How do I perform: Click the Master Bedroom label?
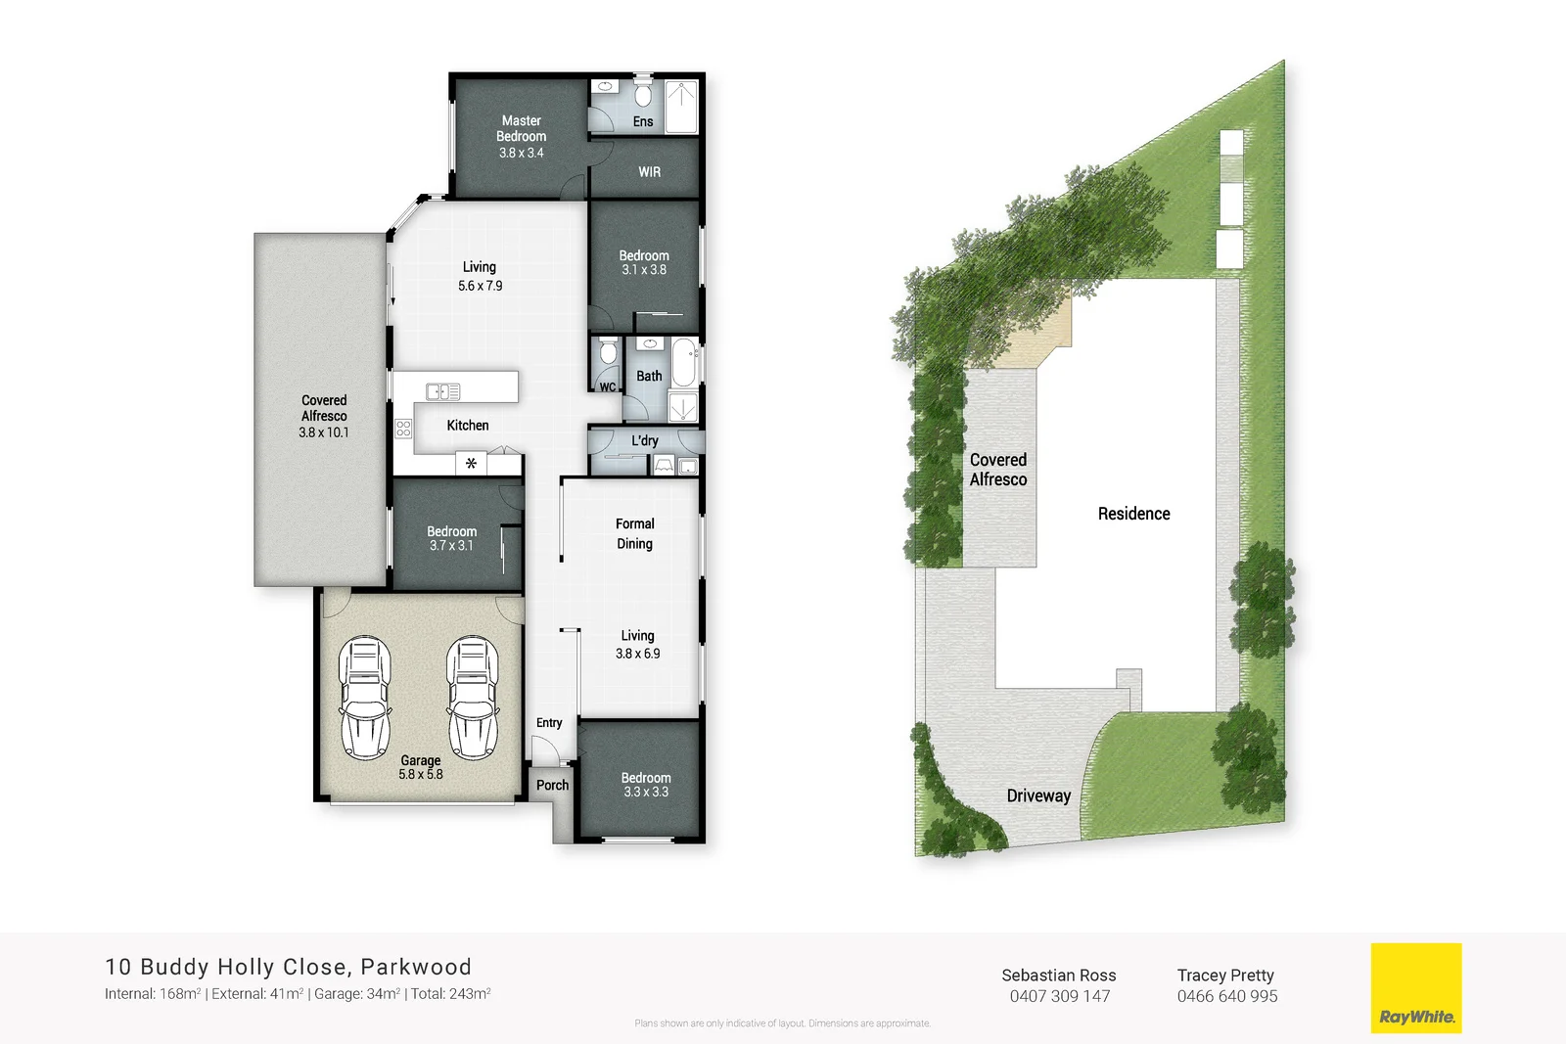[x=521, y=129]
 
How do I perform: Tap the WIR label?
[x=650, y=172]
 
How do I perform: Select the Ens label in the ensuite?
[x=643, y=122]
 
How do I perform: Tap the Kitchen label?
[x=468, y=426]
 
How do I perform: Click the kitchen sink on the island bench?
[x=442, y=392]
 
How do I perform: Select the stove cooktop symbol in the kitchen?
[x=403, y=428]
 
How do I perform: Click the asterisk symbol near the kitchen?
[x=471, y=464]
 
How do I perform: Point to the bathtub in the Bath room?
[x=683, y=363]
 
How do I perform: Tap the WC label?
[x=608, y=387]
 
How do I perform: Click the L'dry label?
[x=645, y=441]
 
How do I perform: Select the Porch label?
[x=552, y=785]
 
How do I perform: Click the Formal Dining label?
[x=635, y=533]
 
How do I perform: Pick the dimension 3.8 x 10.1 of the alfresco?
[x=324, y=432]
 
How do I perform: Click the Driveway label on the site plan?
[x=1038, y=796]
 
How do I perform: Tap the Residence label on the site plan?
[x=1133, y=514]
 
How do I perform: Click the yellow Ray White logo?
[x=1415, y=987]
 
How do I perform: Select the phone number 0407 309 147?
[x=1059, y=996]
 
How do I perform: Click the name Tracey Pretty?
[x=1225, y=976]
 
